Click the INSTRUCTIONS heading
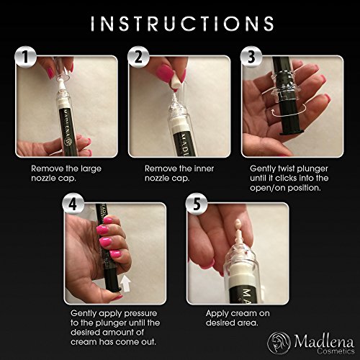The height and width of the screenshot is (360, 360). pyautogui.click(x=182, y=24)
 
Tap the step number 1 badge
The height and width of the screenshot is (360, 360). pyautogui.click(x=25, y=57)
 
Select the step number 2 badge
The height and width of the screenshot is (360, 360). pyautogui.click(x=138, y=57)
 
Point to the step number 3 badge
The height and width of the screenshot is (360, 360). pyautogui.click(x=251, y=57)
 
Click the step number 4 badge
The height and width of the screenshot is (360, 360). pyautogui.click(x=73, y=204)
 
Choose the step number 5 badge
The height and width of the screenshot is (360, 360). pyautogui.click(x=197, y=204)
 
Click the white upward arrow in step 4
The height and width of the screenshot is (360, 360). pyautogui.click(x=125, y=284)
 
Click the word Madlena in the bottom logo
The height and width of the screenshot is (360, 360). pyautogui.click(x=324, y=341)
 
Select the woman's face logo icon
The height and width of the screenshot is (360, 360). pyautogui.click(x=279, y=343)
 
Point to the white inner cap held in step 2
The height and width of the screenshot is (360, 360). pyautogui.click(x=176, y=81)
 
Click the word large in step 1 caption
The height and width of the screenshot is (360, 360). pyautogui.click(x=91, y=168)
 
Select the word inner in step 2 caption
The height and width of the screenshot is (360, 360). pyautogui.click(x=204, y=168)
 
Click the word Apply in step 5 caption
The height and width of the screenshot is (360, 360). pyautogui.click(x=215, y=314)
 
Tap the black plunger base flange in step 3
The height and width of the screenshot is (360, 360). pyautogui.click(x=292, y=132)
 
